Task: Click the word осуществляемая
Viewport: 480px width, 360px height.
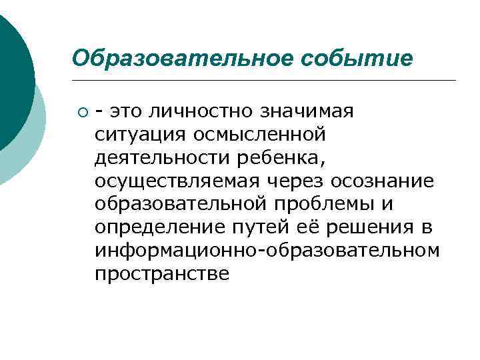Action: coord(170,180)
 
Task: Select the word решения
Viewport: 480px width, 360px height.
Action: coord(371,227)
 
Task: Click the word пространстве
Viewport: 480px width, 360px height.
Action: coord(162,273)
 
